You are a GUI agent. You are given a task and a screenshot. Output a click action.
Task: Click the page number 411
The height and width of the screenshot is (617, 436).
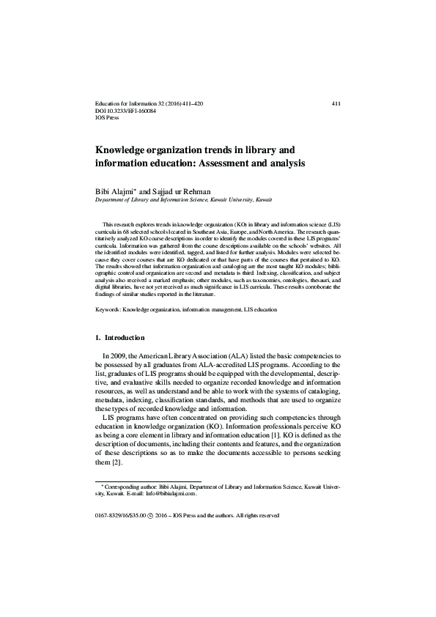[336, 104]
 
